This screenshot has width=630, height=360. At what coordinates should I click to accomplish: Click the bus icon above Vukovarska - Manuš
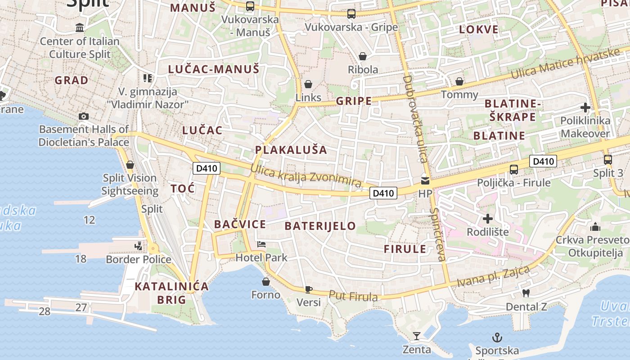[250, 6]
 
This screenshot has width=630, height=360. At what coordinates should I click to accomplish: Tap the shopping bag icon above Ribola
[363, 56]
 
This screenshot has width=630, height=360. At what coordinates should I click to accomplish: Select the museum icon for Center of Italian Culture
[80, 28]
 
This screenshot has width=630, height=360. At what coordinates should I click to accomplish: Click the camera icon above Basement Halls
[83, 116]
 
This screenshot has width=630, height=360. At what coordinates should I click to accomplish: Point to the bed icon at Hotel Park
[261, 244]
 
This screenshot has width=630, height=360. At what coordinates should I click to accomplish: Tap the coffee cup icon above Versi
[308, 289]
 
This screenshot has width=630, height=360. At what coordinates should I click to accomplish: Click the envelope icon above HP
[425, 180]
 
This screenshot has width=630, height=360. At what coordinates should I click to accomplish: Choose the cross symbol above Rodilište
[488, 219]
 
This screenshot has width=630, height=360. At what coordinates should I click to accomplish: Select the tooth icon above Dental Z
[526, 293]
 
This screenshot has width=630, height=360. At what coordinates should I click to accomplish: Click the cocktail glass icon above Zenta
[417, 336]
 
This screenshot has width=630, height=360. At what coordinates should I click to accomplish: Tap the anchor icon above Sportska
[497, 337]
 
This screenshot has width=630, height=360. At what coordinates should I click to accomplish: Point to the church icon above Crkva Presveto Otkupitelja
[595, 226]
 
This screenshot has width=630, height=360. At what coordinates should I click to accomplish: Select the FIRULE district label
[405, 249]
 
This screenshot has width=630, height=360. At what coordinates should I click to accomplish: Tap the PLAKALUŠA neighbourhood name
[291, 150]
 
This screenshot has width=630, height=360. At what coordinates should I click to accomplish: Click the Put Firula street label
[353, 296]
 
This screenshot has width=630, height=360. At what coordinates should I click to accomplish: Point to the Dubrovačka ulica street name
[414, 119]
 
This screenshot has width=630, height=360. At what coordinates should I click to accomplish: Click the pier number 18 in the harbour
[81, 259]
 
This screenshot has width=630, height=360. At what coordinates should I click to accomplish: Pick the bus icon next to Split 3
[607, 159]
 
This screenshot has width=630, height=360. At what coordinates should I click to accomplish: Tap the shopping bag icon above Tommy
[459, 81]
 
